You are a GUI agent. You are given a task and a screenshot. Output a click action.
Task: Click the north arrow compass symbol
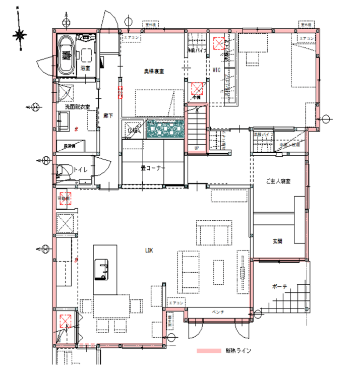coord(20,35)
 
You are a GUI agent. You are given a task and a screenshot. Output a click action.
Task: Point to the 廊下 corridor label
coord(108,115)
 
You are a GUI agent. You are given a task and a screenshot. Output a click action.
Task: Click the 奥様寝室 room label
coord(154,72)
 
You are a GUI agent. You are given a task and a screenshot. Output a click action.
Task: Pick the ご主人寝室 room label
coord(278,181)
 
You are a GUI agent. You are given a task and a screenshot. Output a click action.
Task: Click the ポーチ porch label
coord(279,286)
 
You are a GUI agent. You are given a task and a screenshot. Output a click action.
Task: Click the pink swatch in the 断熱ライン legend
coord(209,350)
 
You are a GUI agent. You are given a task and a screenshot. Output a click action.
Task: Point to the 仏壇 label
coord(133,130)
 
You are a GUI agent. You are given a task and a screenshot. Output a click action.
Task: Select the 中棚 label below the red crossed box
coord(197,97)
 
